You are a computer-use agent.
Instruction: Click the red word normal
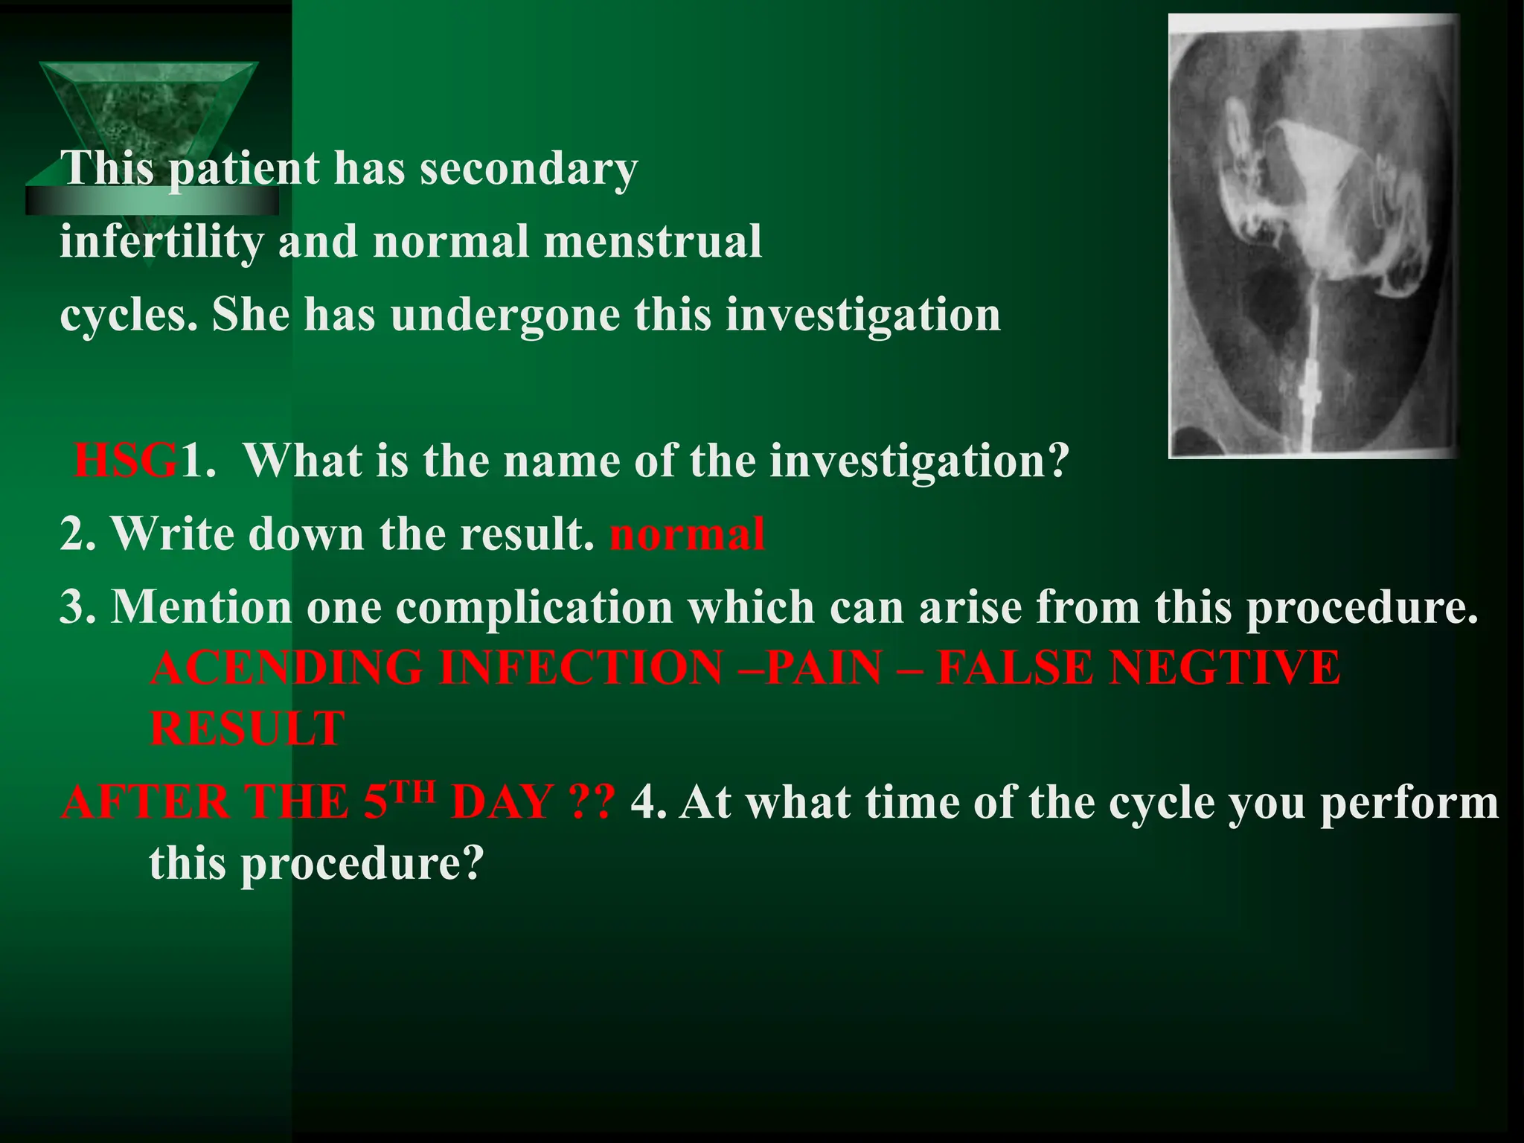click(x=687, y=534)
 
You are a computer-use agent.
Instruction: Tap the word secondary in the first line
click(x=528, y=168)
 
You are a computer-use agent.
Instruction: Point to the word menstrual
click(x=653, y=241)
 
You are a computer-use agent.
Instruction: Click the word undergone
click(x=505, y=314)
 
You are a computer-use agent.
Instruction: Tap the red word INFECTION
click(x=580, y=667)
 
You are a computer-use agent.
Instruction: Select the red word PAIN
click(x=824, y=667)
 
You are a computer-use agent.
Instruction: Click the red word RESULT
click(x=247, y=729)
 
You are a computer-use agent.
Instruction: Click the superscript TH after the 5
click(x=414, y=792)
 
